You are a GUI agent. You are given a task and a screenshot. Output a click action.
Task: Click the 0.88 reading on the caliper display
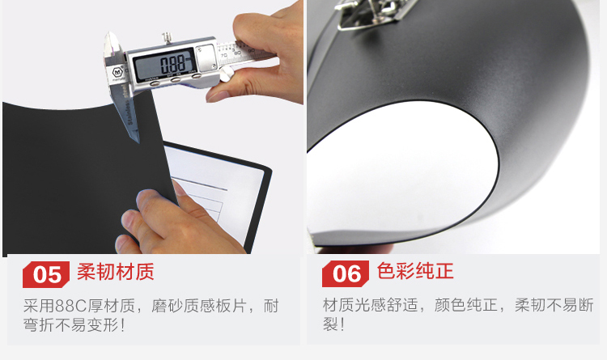click(x=172, y=65)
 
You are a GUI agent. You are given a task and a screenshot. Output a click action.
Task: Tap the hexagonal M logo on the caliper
click(x=117, y=72)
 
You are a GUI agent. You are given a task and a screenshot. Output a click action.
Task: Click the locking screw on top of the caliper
click(x=167, y=37)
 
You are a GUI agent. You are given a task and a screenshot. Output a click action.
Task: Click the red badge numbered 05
click(x=46, y=274)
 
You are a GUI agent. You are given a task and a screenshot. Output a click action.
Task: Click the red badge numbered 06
click(x=346, y=273)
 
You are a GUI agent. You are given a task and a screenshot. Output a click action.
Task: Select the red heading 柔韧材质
click(x=116, y=272)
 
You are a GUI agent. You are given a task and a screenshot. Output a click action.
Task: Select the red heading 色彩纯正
click(x=415, y=271)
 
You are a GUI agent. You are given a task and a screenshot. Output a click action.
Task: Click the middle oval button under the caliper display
click(x=176, y=80)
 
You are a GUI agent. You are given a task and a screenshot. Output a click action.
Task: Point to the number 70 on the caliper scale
click(x=223, y=56)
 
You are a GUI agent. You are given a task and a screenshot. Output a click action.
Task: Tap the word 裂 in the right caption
click(x=330, y=324)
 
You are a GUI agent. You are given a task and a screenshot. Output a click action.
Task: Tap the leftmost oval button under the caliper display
click(x=155, y=83)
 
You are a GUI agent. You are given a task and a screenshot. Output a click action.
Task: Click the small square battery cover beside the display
click(x=206, y=57)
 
